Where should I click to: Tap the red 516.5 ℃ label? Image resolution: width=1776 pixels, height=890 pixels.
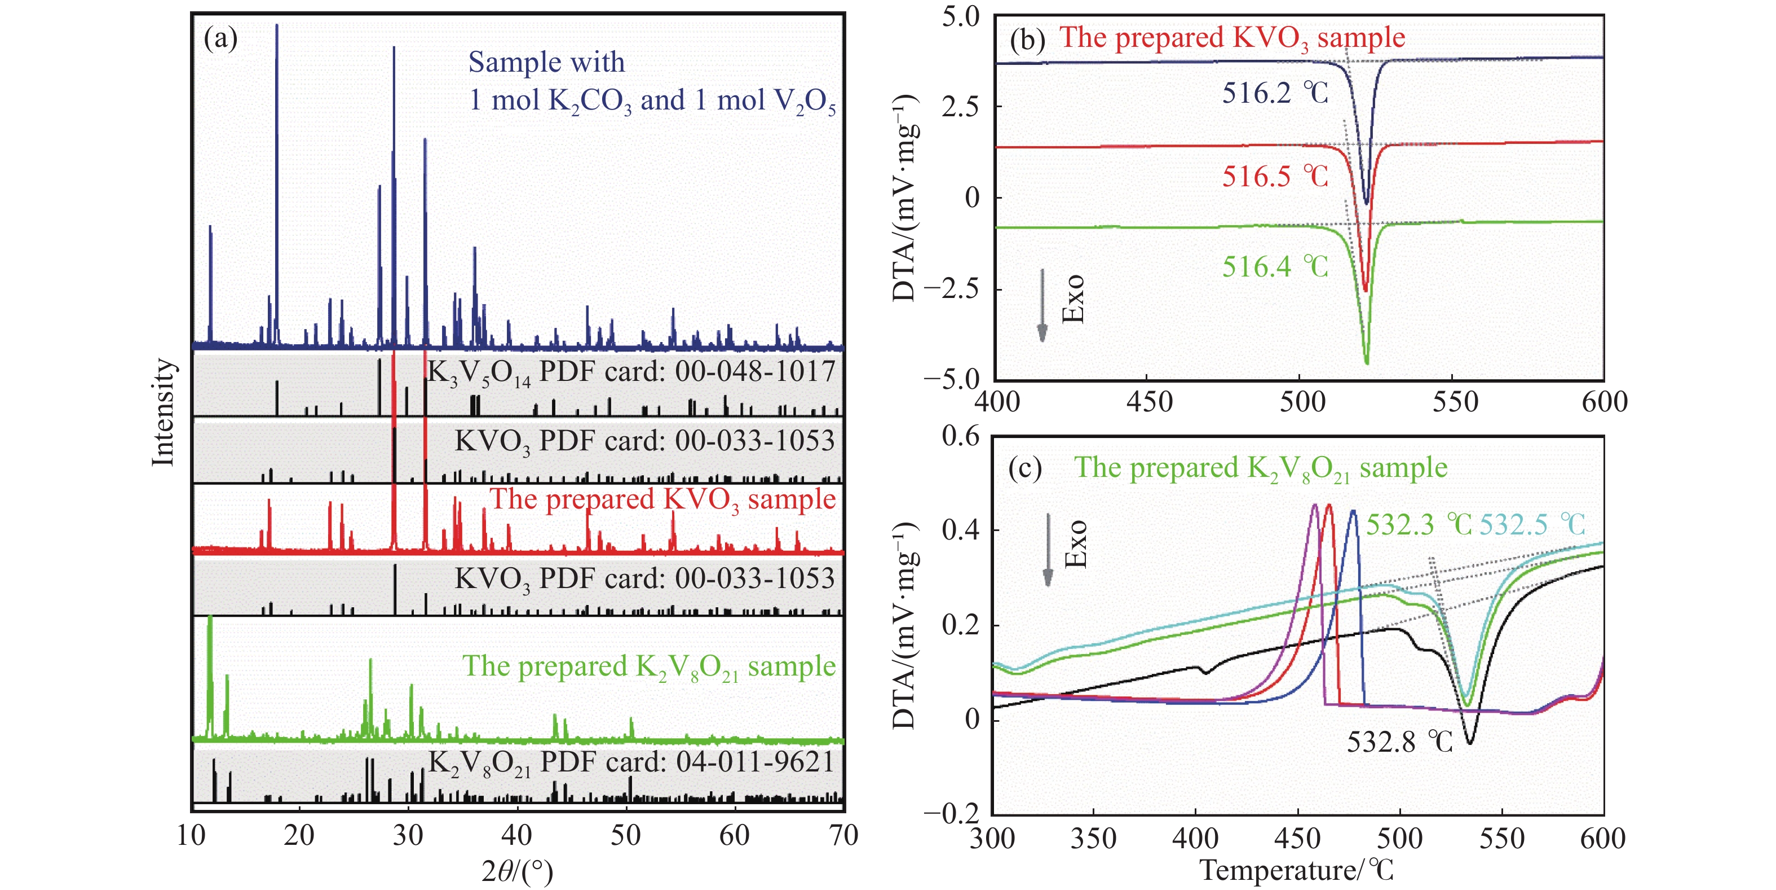coord(1274,177)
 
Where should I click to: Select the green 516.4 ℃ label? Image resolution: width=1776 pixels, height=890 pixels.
coord(1274,267)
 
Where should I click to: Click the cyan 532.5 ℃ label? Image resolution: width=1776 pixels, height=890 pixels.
coord(1532,525)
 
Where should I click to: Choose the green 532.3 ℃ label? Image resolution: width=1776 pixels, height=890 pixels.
coord(1418,525)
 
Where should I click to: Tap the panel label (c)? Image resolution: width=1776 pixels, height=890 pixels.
coord(1024,468)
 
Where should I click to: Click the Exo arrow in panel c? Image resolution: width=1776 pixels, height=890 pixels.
coord(1048,549)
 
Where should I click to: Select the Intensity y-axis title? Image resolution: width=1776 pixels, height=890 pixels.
coord(164,412)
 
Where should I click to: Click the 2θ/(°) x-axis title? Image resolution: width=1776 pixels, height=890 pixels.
coord(517,872)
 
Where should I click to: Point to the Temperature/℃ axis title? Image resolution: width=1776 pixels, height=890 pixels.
coord(1296,871)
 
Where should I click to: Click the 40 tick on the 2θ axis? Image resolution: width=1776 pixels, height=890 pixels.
coord(516,835)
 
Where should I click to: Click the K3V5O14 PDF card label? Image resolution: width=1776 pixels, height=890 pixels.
coord(631,372)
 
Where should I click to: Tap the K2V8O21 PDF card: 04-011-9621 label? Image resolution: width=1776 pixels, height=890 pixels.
coord(631,763)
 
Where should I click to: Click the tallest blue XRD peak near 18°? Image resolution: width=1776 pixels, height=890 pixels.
coord(277,28)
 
